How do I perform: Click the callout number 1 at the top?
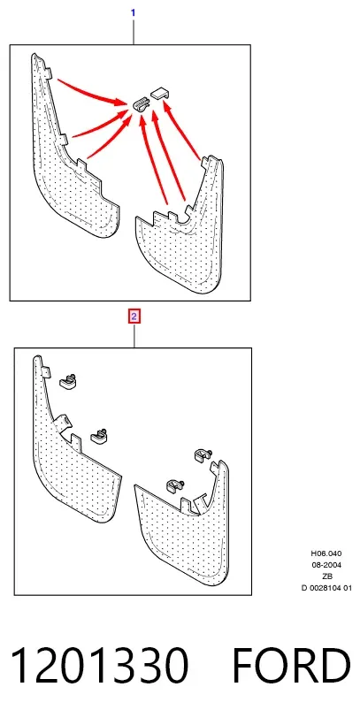(134, 13)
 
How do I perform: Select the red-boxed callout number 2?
(134, 317)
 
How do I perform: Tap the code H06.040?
(326, 553)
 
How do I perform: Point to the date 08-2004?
(326, 565)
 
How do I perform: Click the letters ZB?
(326, 576)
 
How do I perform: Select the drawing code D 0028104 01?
(326, 588)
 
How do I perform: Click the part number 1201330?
(99, 666)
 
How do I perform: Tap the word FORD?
(291, 666)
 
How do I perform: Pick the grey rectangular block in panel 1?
(160, 92)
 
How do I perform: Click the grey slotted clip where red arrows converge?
(141, 104)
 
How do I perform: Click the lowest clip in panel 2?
(175, 485)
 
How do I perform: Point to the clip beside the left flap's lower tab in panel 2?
(99, 436)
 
